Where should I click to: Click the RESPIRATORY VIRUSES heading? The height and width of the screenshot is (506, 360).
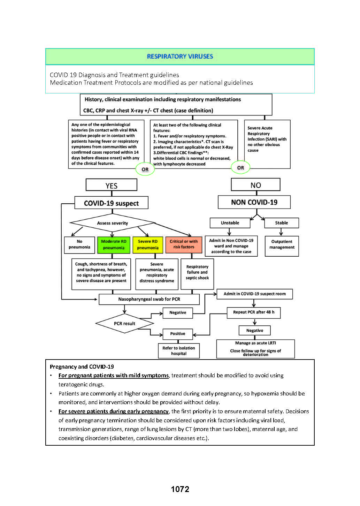click(x=180, y=56)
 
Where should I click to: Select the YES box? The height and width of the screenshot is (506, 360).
click(x=112, y=185)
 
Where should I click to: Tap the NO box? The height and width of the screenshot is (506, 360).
click(x=255, y=185)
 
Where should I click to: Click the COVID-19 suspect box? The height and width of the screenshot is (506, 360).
click(x=111, y=203)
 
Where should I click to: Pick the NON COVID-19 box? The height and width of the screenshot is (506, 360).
click(x=254, y=202)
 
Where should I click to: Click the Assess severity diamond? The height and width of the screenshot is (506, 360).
click(x=112, y=223)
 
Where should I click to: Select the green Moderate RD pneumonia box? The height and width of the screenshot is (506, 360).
click(x=114, y=244)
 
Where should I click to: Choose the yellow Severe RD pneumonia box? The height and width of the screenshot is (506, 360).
click(x=148, y=244)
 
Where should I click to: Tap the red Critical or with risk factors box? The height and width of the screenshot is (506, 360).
click(x=184, y=244)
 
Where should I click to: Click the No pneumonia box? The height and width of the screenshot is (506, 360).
click(x=79, y=244)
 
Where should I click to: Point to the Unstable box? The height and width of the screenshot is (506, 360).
click(x=230, y=223)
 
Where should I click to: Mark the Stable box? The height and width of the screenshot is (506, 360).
click(x=282, y=223)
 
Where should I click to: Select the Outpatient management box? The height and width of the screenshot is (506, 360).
click(x=282, y=244)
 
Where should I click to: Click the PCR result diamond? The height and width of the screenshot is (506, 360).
click(x=124, y=324)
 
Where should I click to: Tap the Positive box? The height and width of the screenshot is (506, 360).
click(x=178, y=334)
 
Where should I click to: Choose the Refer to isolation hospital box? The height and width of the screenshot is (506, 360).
click(x=179, y=351)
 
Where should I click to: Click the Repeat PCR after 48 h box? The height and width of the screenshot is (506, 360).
click(x=254, y=312)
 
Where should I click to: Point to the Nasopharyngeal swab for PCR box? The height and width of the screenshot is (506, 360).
click(x=149, y=299)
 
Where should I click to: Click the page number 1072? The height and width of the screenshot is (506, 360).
click(x=180, y=489)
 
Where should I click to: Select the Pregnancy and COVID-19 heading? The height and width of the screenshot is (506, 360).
click(x=82, y=367)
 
